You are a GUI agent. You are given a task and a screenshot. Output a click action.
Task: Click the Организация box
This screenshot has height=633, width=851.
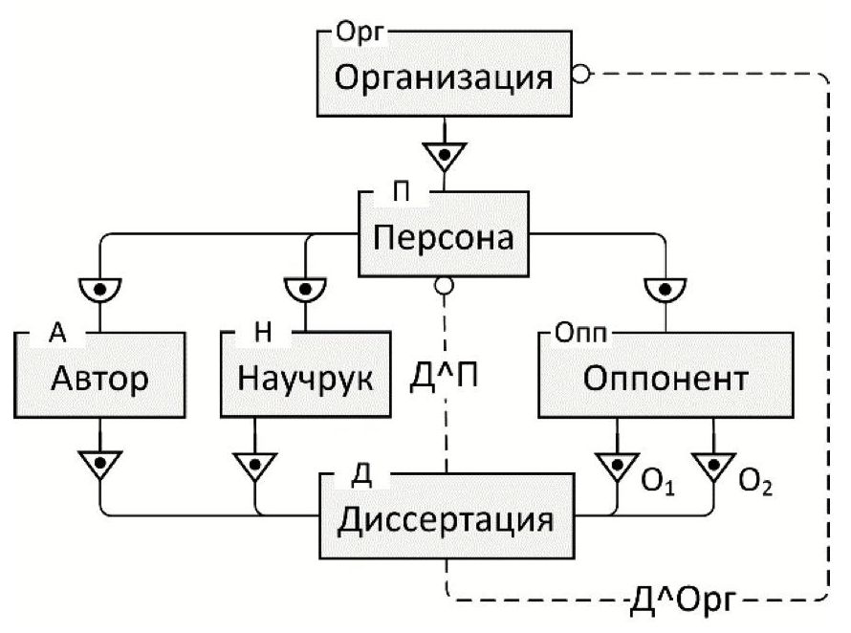[444, 76]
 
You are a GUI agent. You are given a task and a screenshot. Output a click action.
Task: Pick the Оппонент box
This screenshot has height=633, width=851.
[664, 378]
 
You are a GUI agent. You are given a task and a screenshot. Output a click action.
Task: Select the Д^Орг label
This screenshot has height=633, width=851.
[681, 603]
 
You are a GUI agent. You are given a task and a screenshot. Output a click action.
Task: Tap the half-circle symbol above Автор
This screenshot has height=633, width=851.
[99, 287]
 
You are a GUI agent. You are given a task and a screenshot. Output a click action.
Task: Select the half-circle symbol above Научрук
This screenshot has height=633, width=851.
[304, 287]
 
